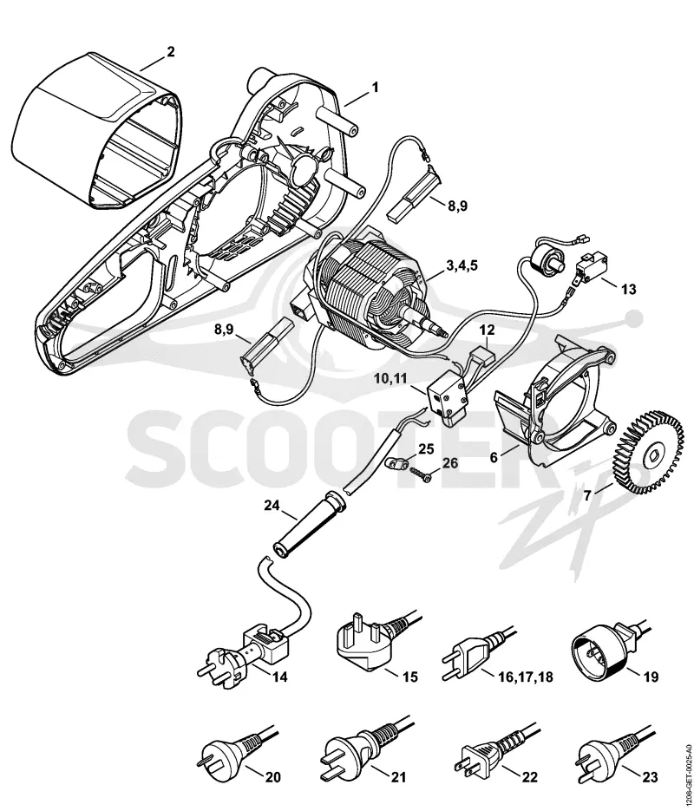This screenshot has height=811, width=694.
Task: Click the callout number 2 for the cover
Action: pyautogui.click(x=171, y=52)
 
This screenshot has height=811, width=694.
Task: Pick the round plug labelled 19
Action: pyautogui.click(x=602, y=646)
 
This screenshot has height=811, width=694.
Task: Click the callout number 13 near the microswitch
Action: pyautogui.click(x=629, y=289)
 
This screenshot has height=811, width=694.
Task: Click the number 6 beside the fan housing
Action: pyautogui.click(x=494, y=458)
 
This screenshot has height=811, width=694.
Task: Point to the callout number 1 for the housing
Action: pyautogui.click(x=376, y=88)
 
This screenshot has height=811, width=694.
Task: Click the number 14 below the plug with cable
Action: pyautogui.click(x=280, y=677)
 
